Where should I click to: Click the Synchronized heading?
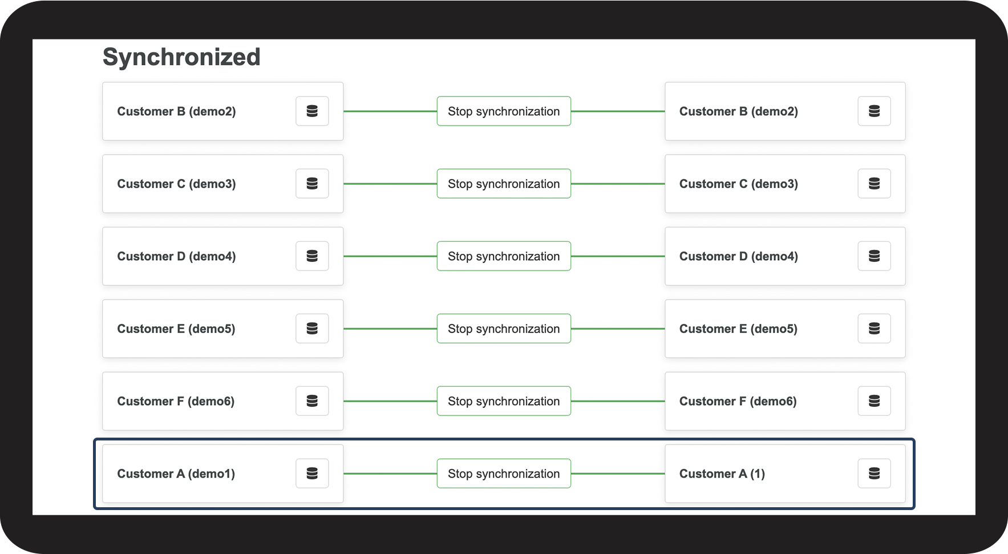pos(181,57)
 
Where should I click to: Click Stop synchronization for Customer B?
pos(504,111)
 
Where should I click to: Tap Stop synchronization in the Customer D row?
pos(504,256)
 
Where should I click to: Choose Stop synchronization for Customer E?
pos(504,329)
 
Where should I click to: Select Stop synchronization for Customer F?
pos(504,401)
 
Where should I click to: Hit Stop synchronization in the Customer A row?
pos(504,474)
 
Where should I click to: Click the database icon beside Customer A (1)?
pos(874,474)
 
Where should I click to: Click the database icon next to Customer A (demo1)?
pos(312,474)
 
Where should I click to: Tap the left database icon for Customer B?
pos(312,111)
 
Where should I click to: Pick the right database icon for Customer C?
pos(874,184)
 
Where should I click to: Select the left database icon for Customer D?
pos(312,256)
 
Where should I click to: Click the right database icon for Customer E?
pos(874,329)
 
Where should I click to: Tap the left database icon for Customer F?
pos(312,401)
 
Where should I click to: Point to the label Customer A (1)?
pos(722,474)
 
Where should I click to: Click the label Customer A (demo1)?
pos(176,474)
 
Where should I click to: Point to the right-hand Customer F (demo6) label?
pos(738,402)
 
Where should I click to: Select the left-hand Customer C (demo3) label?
pos(176,184)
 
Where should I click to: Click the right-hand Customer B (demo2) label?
pos(738,112)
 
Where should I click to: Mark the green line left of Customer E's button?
pos(390,329)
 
